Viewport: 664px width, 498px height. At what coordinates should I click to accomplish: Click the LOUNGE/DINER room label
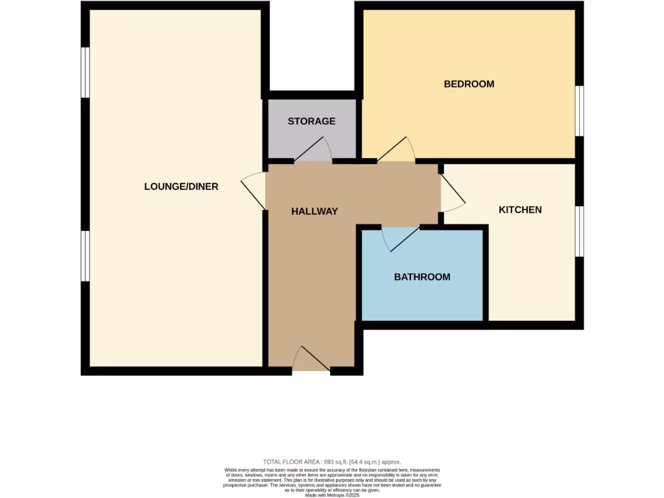tap(181, 187)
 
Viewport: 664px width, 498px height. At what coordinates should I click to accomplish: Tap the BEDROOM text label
tap(468, 84)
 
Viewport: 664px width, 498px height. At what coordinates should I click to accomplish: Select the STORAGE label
tap(311, 121)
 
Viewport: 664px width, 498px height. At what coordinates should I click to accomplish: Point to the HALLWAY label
tap(314, 211)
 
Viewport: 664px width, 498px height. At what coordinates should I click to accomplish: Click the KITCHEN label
tap(519, 209)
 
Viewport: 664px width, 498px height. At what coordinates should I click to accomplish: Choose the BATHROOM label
tap(422, 277)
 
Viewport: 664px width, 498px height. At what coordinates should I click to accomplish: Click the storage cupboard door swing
tap(314, 150)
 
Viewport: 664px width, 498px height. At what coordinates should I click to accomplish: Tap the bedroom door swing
tap(397, 150)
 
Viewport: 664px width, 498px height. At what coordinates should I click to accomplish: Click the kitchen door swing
tap(451, 194)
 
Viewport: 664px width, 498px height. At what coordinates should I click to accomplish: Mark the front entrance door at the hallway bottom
tap(311, 360)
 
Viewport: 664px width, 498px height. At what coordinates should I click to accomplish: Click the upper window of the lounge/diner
tap(85, 73)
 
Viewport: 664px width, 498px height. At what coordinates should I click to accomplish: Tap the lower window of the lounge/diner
tap(85, 256)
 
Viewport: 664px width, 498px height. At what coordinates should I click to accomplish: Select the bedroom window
tap(580, 111)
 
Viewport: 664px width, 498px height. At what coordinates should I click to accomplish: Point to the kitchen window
tap(580, 231)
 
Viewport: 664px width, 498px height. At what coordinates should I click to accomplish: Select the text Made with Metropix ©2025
tap(332, 495)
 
